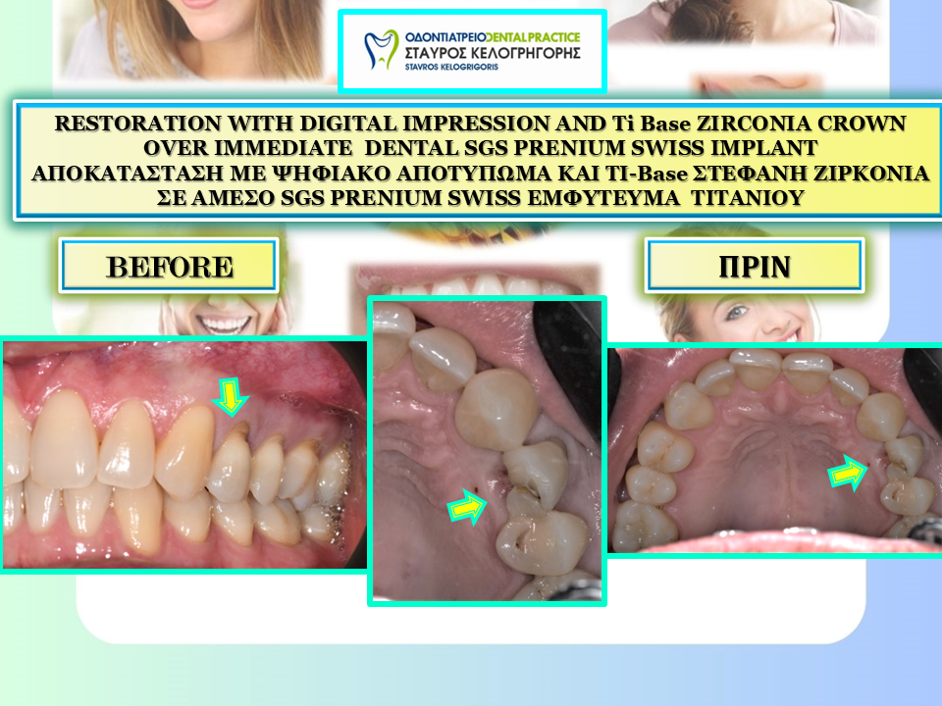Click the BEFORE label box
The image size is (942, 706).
[169, 266]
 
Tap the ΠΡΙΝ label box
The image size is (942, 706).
[755, 266]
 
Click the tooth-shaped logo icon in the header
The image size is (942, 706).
[382, 49]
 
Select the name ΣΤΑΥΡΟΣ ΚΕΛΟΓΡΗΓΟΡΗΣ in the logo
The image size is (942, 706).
[493, 53]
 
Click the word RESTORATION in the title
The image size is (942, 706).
[138, 124]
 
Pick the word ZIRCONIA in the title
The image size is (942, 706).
[754, 124]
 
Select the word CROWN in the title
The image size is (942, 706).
[862, 124]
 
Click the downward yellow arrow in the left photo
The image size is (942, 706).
[230, 396]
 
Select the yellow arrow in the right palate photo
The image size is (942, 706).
[848, 473]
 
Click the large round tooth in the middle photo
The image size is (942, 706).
[497, 409]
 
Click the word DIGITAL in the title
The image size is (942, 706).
[348, 124]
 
